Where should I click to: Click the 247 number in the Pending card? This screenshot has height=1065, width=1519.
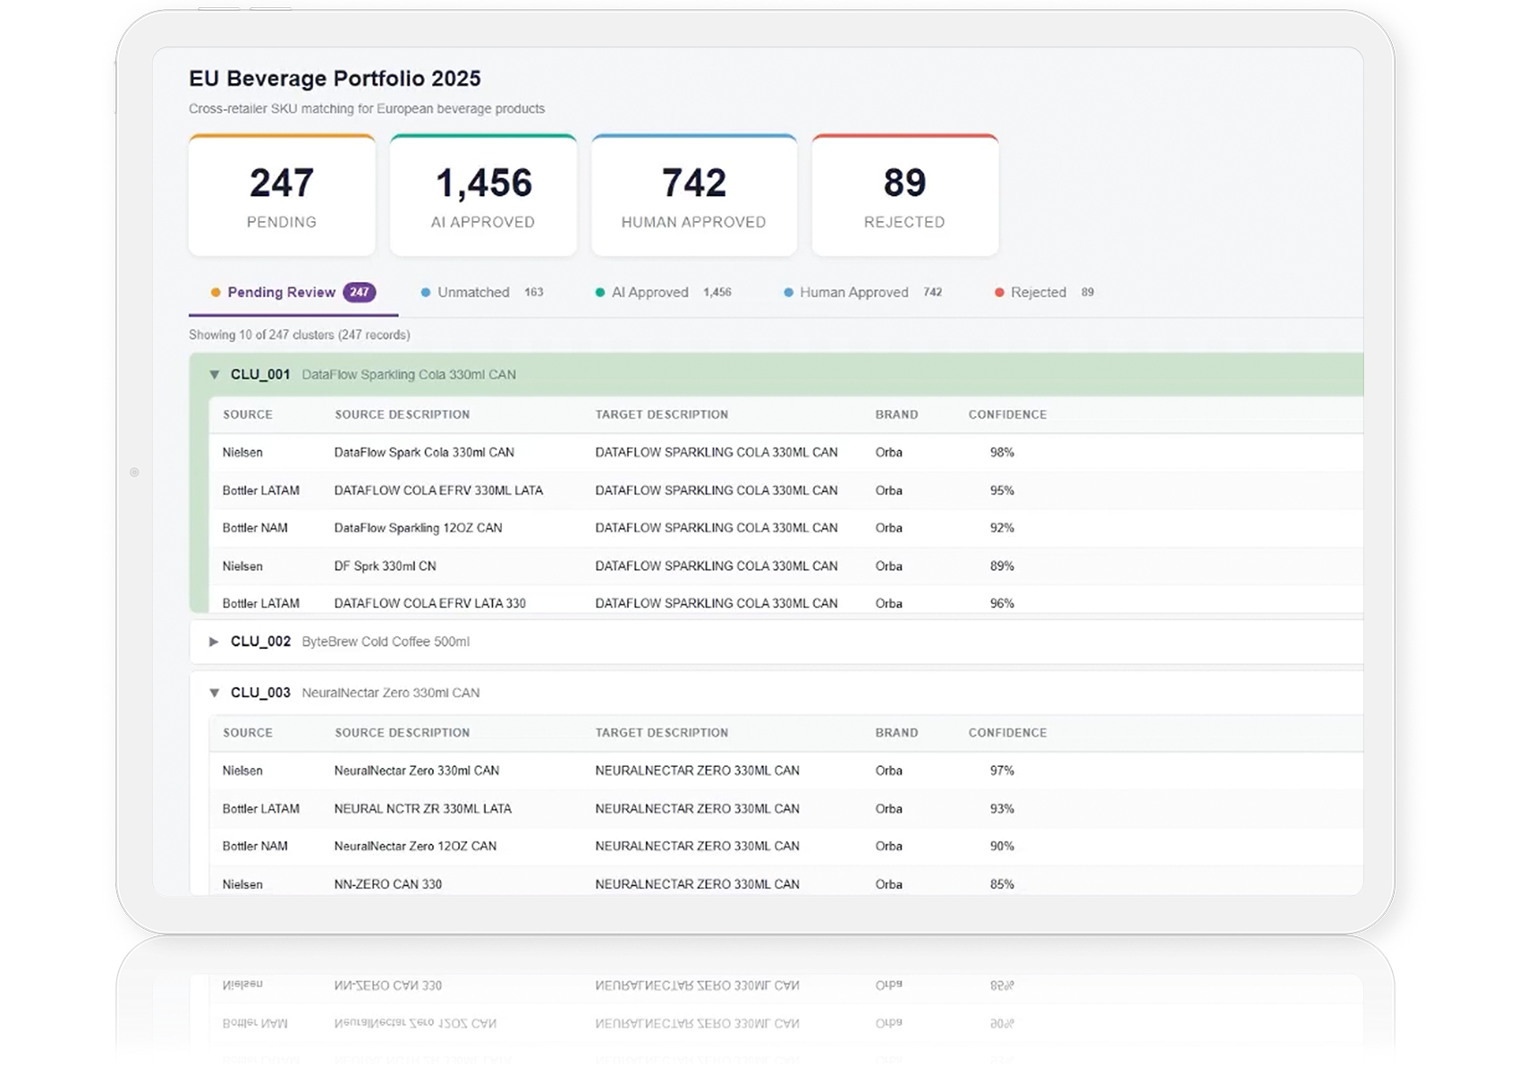(282, 183)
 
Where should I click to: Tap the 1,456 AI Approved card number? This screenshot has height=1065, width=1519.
(483, 183)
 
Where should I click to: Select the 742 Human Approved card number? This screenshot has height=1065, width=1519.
(693, 183)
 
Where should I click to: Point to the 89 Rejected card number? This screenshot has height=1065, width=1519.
(904, 183)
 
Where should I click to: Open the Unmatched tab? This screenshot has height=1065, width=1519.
(473, 293)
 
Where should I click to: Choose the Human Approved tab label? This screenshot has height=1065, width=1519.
(853, 293)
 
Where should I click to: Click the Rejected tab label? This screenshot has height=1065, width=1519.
(1039, 293)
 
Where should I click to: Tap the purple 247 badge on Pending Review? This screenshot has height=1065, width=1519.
(360, 293)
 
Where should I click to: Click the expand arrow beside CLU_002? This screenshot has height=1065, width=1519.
(214, 642)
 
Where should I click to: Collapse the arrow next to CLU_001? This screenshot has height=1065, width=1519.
(215, 374)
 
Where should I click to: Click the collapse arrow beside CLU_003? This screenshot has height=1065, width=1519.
(215, 693)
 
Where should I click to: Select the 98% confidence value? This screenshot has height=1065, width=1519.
(1002, 453)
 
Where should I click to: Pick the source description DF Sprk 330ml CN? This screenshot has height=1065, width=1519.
(386, 567)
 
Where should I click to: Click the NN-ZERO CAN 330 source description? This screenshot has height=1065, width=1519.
(388, 884)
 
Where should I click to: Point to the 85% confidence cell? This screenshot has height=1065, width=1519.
(1002, 884)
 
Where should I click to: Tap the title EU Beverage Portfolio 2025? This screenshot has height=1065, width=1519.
(335, 79)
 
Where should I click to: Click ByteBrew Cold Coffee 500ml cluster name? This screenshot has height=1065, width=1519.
(386, 642)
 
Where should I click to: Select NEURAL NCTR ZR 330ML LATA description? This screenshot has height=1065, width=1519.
(422, 808)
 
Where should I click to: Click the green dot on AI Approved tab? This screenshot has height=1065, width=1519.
(600, 293)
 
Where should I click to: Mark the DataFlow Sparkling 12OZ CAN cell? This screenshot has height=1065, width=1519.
(418, 528)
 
